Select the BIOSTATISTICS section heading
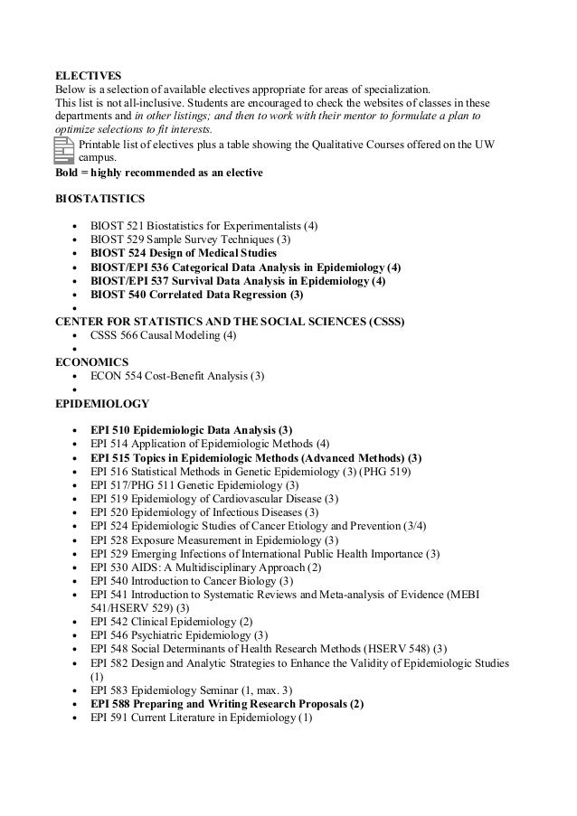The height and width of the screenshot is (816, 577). click(x=99, y=196)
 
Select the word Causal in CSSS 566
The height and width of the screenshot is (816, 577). click(x=168, y=335)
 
